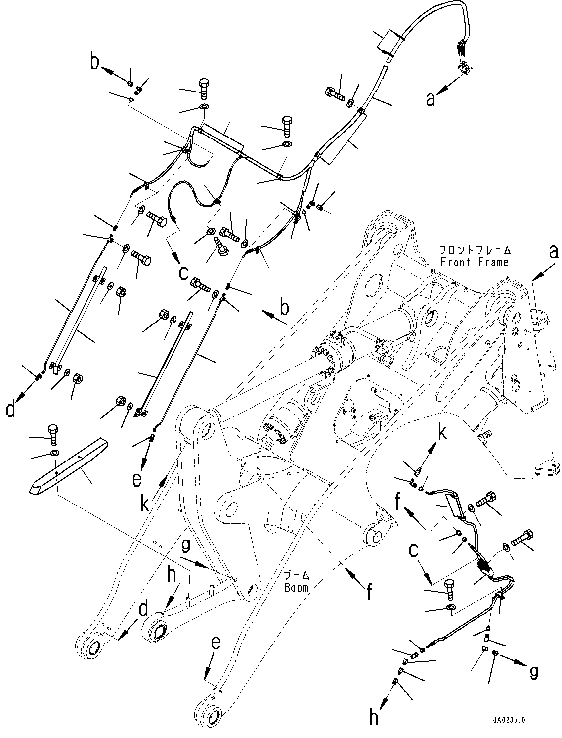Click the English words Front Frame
pos(474,262)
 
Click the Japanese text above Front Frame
pos(474,251)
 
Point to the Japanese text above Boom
pos(297,576)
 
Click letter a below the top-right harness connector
pos(431,99)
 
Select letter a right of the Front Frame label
pos(554,252)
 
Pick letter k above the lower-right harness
pos(441,434)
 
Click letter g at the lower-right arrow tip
pos(533,672)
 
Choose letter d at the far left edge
pos(10,410)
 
